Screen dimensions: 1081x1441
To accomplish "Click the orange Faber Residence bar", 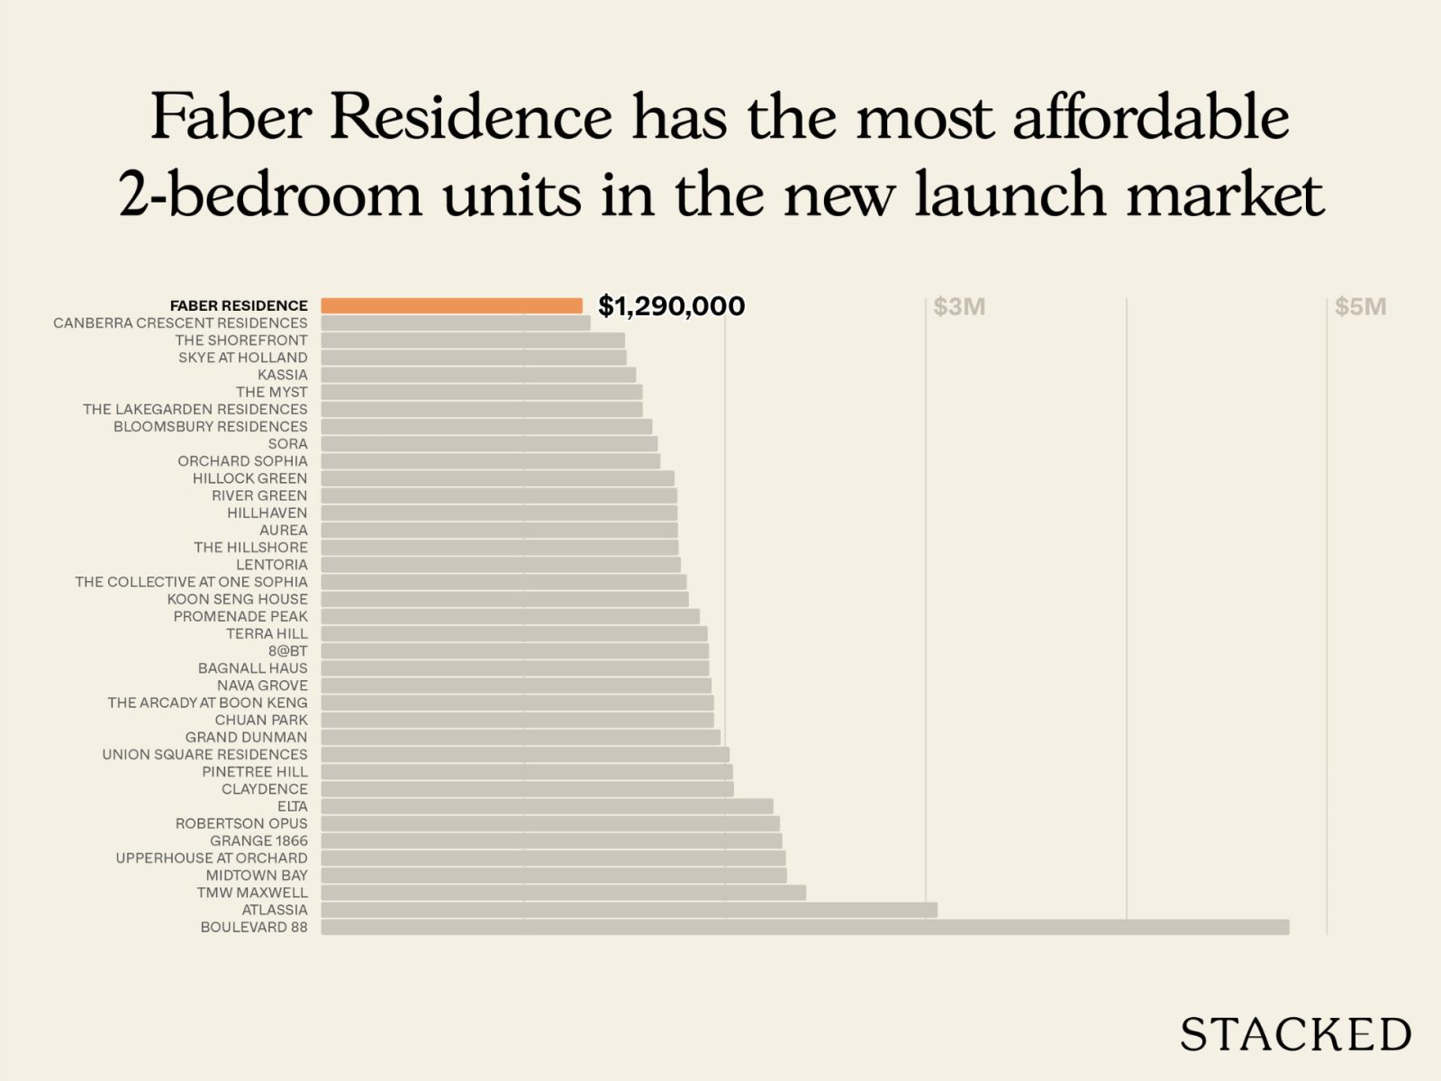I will [451, 305].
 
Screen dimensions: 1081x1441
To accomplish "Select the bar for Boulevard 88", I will [804, 927].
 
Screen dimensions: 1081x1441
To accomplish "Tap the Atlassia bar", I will [629, 910].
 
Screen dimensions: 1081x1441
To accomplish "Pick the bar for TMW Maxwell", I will [563, 893].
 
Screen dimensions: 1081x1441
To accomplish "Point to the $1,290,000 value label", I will [671, 306].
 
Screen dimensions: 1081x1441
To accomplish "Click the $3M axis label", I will [959, 307].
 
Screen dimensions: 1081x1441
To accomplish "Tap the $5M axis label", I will [1360, 307].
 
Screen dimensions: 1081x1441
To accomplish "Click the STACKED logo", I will [1295, 1034].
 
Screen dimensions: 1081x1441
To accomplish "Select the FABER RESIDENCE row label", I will [239, 305].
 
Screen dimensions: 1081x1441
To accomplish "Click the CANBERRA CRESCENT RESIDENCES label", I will [180, 322].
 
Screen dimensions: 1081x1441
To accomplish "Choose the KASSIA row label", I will [283, 375].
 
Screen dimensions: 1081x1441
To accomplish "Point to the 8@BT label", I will [287, 650].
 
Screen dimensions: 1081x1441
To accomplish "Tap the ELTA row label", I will [293, 806].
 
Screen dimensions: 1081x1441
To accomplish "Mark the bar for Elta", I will [547, 806].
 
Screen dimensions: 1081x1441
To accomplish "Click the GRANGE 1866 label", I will [258, 840].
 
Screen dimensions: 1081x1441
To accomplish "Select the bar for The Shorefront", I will [473, 341].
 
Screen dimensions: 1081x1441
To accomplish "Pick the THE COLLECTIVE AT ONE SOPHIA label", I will [191, 582].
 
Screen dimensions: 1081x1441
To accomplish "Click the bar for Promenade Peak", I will [510, 616].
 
